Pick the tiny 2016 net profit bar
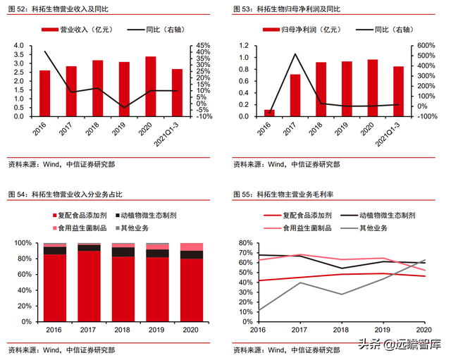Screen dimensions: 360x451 pyautogui.click(x=268, y=113)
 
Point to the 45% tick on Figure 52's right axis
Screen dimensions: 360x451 pyautogui.click(x=203, y=45)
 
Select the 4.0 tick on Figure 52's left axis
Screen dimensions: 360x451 pyautogui.click(x=18, y=45)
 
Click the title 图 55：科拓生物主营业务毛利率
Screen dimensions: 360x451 pyautogui.click(x=285, y=194)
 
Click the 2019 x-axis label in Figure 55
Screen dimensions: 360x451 pyautogui.click(x=383, y=329)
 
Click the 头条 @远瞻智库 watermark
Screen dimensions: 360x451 pyautogui.click(x=404, y=345)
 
